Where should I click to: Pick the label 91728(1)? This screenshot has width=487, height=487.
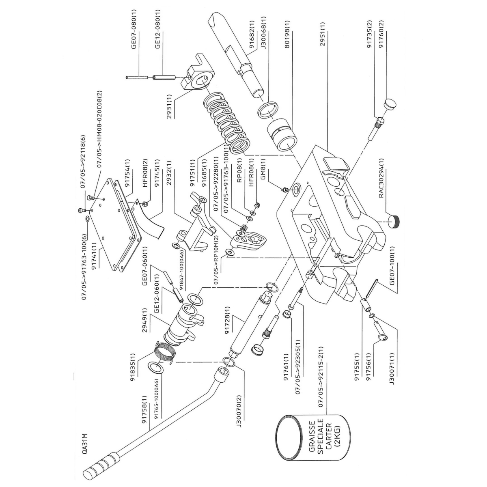(228, 325)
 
